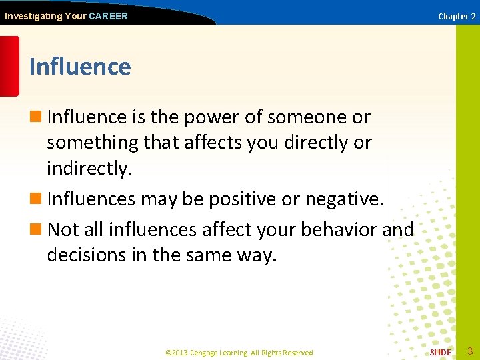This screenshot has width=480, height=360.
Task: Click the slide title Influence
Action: pos(80,67)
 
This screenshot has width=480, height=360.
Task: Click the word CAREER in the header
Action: pos(108,16)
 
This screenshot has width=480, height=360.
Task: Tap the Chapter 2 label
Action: pos(457,16)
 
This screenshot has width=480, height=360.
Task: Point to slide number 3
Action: pos(470,351)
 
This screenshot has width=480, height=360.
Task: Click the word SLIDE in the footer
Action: pos(440,352)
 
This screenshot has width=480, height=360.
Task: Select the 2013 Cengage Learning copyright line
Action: pos(239,352)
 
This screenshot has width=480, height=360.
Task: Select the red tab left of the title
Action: pos(9,67)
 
